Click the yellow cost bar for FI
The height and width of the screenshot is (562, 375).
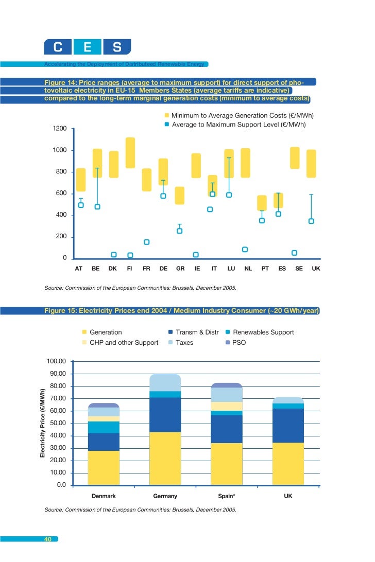130,153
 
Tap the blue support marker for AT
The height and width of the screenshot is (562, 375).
81,205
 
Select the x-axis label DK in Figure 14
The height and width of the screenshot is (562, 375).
113,268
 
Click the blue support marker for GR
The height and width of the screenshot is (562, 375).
180,231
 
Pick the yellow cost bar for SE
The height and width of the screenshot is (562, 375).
295,158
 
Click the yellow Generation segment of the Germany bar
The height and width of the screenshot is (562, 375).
165,458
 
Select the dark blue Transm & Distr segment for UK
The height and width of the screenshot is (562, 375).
288,426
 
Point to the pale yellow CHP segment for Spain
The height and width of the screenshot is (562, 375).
227,406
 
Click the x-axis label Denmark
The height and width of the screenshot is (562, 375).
104,496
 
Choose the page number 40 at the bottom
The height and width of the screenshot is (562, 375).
48,539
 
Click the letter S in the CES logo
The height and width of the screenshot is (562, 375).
117,47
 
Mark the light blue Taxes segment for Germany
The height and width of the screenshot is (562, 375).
165,383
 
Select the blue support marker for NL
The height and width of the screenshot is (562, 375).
245,250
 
